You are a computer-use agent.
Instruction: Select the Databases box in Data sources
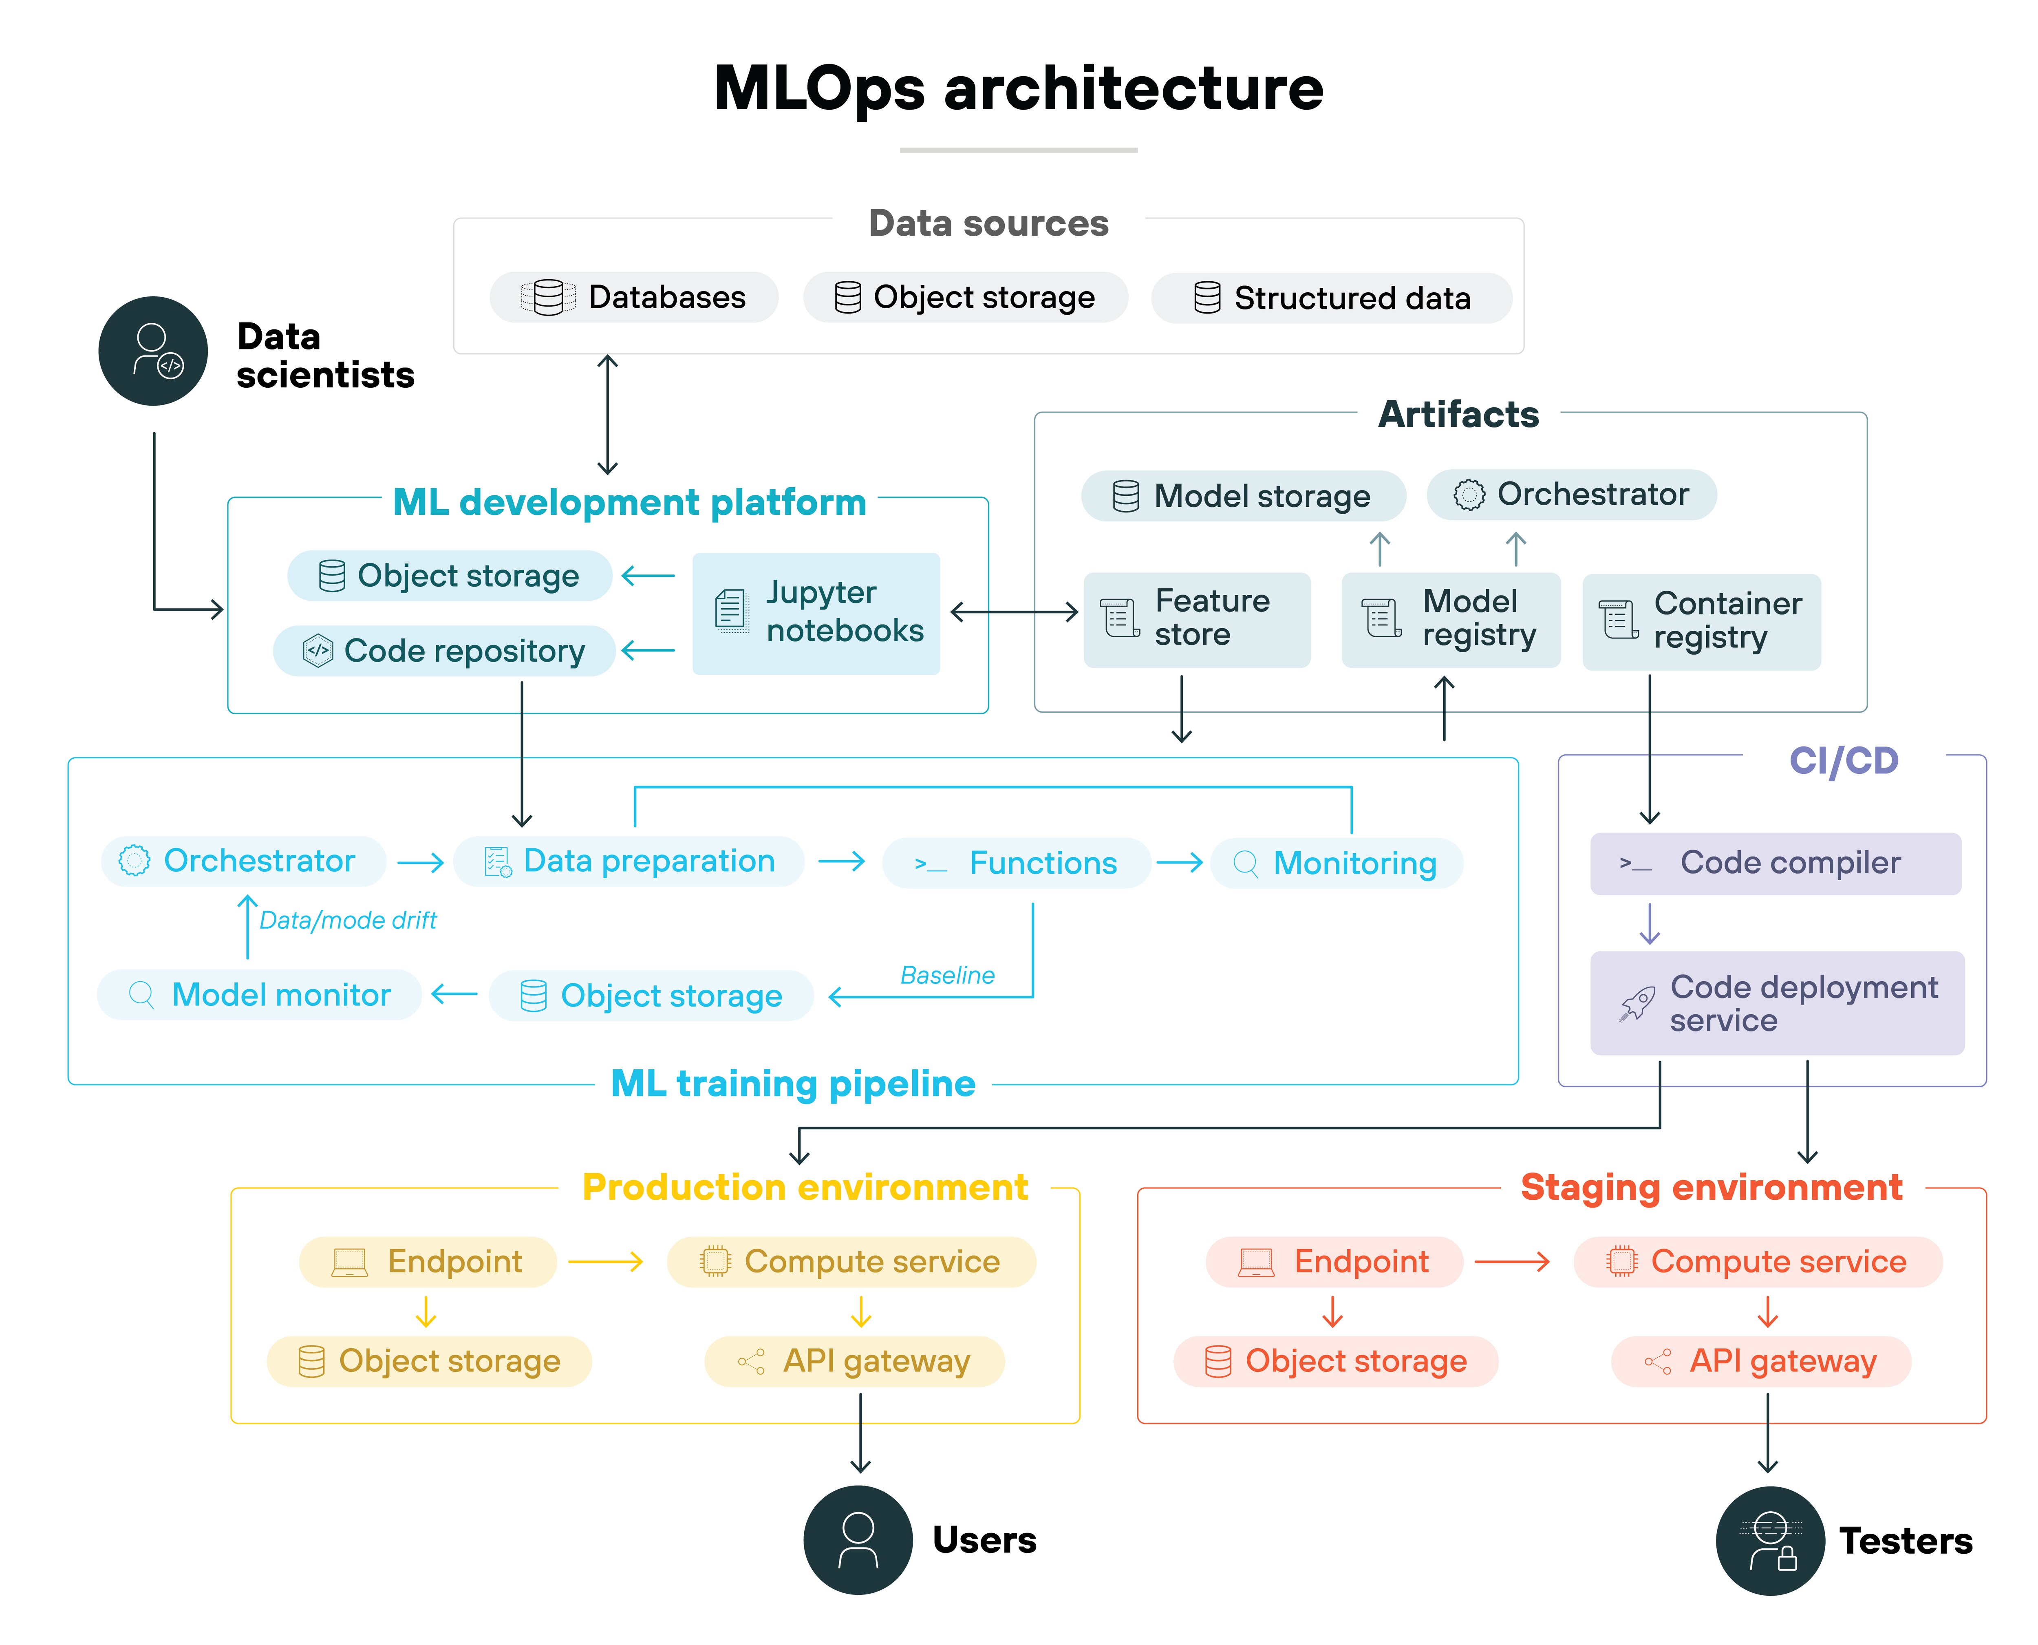(633, 298)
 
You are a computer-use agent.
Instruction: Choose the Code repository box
(443, 651)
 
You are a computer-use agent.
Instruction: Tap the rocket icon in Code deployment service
(1636, 1005)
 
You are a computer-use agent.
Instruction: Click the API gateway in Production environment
(854, 1362)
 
